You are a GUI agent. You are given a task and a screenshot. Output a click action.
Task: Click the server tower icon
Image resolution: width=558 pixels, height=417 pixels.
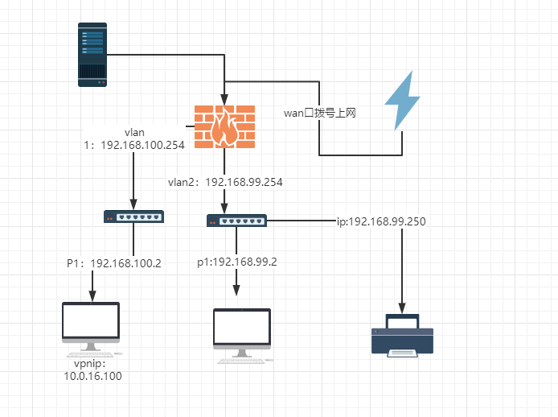92,55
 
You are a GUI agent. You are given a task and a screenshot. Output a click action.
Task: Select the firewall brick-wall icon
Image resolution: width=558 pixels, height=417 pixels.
224,126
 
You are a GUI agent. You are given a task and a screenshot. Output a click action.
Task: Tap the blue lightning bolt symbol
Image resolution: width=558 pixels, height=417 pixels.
402,101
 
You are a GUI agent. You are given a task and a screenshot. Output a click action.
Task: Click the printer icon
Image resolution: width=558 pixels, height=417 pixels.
402,334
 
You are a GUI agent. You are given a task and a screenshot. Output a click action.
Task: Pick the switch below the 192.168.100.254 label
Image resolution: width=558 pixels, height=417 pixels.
133,216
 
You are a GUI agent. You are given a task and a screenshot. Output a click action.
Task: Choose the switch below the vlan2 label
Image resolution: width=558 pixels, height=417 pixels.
236,220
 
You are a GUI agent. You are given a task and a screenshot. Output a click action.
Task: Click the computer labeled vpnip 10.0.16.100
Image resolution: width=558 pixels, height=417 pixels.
92,327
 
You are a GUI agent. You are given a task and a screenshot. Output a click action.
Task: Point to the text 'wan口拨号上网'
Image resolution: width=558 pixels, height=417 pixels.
320,113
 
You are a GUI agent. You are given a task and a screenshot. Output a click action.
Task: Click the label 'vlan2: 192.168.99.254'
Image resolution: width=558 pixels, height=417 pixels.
225,182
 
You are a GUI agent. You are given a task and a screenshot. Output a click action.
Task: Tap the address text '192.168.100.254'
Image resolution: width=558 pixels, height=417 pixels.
142,145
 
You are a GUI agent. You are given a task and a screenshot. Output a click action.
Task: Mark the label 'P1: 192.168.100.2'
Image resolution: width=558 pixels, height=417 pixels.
114,262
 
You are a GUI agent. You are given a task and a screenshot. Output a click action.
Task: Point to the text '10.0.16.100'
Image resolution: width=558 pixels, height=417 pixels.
93,376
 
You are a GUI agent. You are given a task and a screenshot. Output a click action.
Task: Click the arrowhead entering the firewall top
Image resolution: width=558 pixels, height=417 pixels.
224,100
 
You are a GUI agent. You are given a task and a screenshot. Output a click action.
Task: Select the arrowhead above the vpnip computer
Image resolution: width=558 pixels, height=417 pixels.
92,295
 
